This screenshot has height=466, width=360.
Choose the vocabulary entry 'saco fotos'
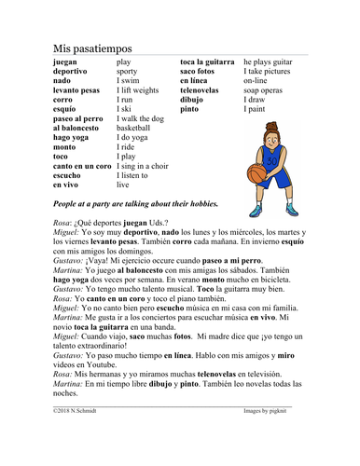coord(201,71)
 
